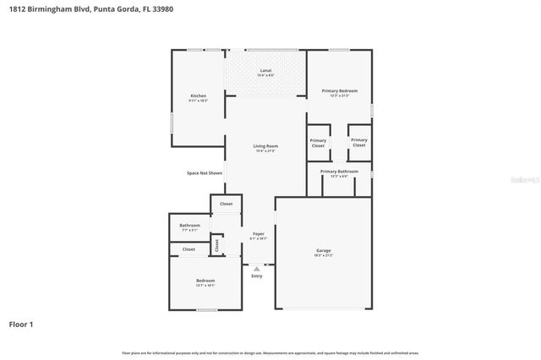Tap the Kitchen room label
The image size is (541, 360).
[x=198, y=95]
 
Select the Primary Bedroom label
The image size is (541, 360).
[x=339, y=90]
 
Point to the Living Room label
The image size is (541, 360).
[x=265, y=146]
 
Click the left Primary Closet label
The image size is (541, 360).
[x=318, y=143]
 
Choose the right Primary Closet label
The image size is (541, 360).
[x=359, y=143]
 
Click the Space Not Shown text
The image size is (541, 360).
[x=205, y=173]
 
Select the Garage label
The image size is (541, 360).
[x=323, y=251]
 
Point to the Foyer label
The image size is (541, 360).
[x=258, y=234]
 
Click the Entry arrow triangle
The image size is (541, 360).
[x=257, y=270]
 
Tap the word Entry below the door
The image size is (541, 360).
[x=257, y=276]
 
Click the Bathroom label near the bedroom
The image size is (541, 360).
[x=189, y=226]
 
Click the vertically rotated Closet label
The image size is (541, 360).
[x=216, y=244]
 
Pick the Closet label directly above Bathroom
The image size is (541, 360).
[x=227, y=204]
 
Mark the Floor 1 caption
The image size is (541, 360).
[x=22, y=324]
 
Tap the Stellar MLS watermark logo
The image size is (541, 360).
[x=525, y=180]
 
